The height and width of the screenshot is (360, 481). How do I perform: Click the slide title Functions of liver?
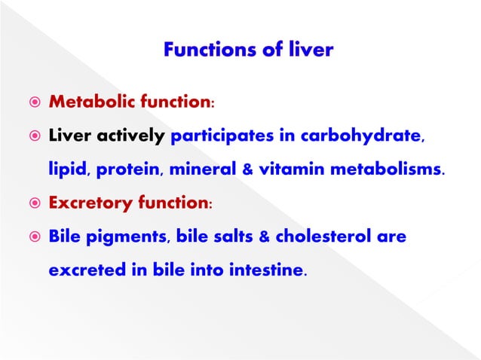pos(248,51)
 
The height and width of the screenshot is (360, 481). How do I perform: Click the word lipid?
pos(66,170)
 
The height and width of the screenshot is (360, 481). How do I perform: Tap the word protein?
pos(129,170)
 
